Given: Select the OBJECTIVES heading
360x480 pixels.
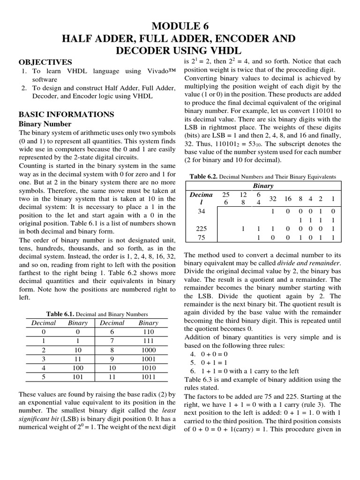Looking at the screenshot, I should click(45, 62).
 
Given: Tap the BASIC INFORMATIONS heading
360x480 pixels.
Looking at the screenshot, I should click(66, 114).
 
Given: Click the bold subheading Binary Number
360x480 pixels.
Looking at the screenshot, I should click(45, 124).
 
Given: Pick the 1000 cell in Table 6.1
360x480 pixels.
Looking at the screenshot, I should click(148, 350).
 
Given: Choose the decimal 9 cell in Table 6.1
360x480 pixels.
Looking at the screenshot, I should click(112, 359).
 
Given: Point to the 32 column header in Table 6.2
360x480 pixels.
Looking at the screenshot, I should click(273, 199).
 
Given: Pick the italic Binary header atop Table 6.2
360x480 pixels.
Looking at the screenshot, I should click(263, 186).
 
